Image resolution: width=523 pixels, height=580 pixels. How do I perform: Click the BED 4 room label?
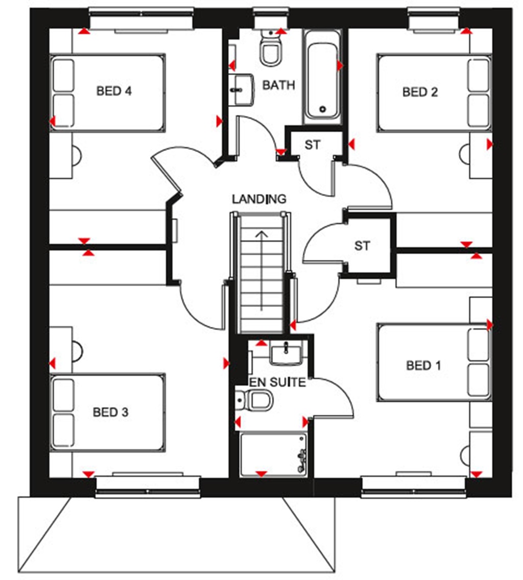[114, 91]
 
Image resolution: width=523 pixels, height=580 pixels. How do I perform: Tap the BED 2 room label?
[420, 92]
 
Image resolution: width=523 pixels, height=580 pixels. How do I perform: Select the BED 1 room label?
[423, 365]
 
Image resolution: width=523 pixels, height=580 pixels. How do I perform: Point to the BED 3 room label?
[110, 412]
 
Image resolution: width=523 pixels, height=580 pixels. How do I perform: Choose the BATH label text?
[278, 85]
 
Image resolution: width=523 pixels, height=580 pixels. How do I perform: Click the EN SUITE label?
[277, 382]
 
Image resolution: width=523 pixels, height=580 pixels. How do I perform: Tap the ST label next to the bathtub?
[313, 145]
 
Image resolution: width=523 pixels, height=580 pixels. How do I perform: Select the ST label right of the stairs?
[362, 246]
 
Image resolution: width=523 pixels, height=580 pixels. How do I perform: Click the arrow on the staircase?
[262, 271]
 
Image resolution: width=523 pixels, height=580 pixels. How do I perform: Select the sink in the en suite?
[286, 353]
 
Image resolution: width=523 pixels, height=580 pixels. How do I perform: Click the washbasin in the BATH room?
[241, 90]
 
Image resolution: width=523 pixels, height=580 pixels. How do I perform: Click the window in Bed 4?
[141, 21]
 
